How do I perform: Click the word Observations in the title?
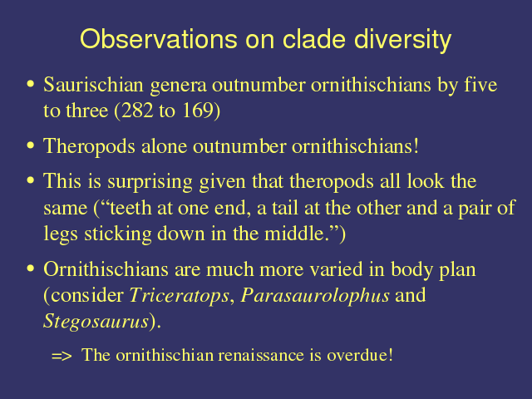click(x=159, y=39)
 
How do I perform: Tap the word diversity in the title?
click(x=402, y=41)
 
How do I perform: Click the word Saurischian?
click(x=93, y=84)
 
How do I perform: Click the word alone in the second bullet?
click(x=164, y=146)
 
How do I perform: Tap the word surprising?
click(x=150, y=181)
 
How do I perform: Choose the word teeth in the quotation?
click(x=131, y=208)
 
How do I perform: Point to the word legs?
click(x=61, y=234)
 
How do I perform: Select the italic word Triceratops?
click(x=180, y=296)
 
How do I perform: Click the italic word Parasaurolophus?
click(x=315, y=296)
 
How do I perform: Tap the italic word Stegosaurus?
click(x=96, y=321)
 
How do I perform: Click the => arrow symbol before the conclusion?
click(x=62, y=356)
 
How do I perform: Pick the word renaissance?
click(x=261, y=355)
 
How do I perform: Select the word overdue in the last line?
click(x=357, y=355)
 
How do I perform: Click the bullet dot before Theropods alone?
click(x=31, y=145)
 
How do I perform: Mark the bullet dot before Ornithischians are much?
click(x=31, y=268)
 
